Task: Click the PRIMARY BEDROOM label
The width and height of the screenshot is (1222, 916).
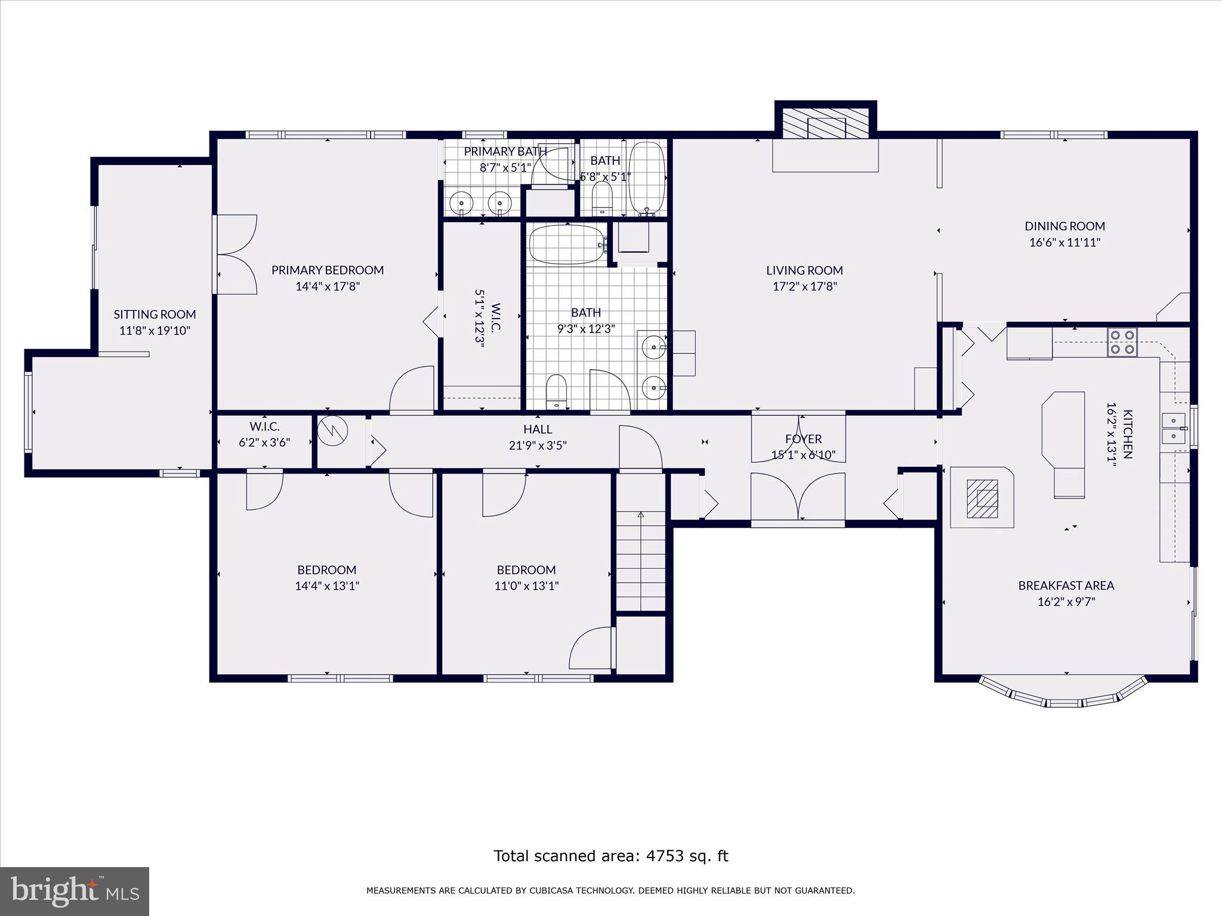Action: pyautogui.click(x=328, y=270)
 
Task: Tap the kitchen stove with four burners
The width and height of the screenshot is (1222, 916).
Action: pyautogui.click(x=1121, y=342)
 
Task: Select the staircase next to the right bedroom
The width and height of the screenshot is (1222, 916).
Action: pyautogui.click(x=640, y=561)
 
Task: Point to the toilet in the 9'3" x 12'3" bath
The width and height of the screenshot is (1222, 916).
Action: pyautogui.click(x=556, y=391)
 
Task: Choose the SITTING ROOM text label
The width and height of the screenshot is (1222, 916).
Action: pyautogui.click(x=155, y=314)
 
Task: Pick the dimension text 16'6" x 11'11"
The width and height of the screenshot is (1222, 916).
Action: pyautogui.click(x=1064, y=243)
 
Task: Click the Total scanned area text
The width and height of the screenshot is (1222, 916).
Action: pyautogui.click(x=610, y=856)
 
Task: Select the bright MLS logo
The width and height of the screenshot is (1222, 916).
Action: pyautogui.click(x=75, y=891)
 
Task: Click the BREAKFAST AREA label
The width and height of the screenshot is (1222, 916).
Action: pyautogui.click(x=1066, y=586)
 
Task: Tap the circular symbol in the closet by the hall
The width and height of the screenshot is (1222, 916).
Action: pyautogui.click(x=333, y=431)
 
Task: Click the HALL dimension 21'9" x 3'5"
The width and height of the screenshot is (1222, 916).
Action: pyautogui.click(x=537, y=445)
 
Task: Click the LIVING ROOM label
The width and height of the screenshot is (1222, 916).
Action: pyautogui.click(x=804, y=270)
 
